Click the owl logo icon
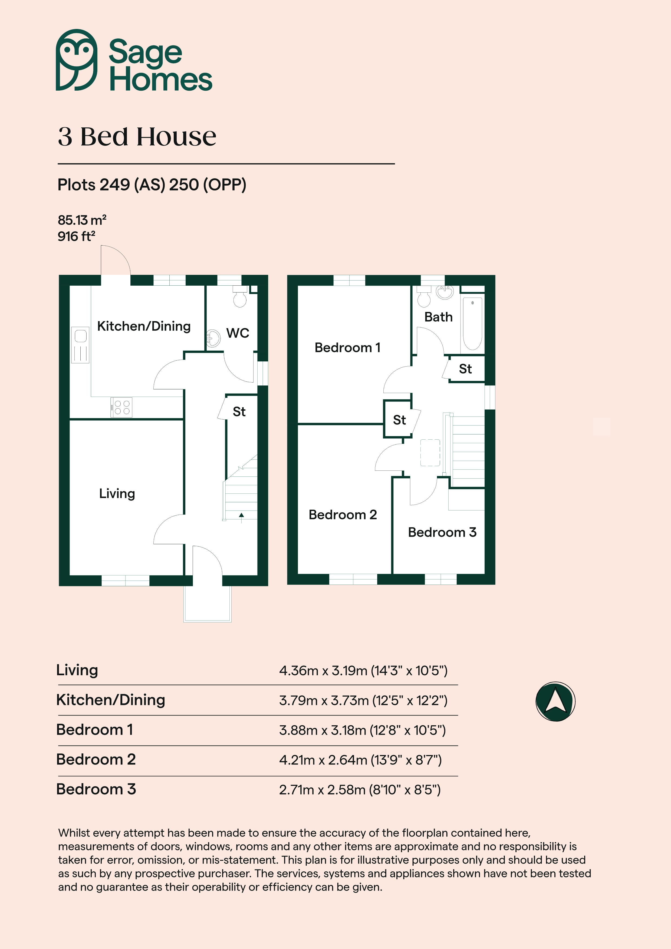tap(77, 60)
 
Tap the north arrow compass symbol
tap(555, 701)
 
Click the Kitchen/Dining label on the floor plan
tap(144, 326)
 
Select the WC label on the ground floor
tap(238, 333)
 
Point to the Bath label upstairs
tap(438, 317)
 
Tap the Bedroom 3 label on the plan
tap(442, 532)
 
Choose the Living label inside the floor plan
tap(117, 493)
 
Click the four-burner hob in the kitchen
tap(121, 407)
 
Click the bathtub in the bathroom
tap(473, 324)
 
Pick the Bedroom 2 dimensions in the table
tap(360, 760)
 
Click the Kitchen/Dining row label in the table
tap(111, 700)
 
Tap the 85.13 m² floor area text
tap(82, 220)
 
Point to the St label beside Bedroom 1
tap(399, 420)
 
